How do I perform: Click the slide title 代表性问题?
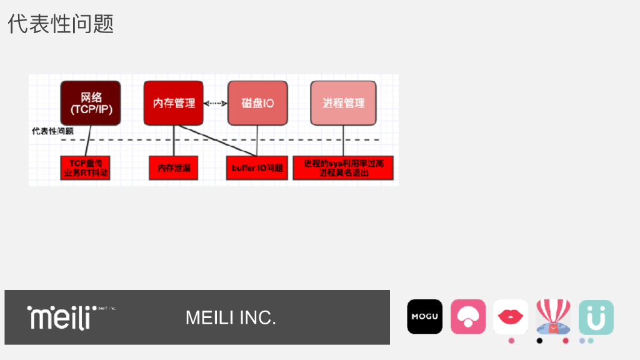pos(61,24)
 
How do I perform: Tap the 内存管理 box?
pos(174,103)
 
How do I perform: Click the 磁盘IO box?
pos(257,103)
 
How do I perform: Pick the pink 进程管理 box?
pos(343,103)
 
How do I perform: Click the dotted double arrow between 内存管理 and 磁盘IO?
pos(216,103)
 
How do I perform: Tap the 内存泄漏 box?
pos(174,168)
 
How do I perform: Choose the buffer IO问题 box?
pos(257,168)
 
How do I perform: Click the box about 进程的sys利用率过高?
pos(343,168)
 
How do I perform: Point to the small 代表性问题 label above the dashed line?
pos(52,131)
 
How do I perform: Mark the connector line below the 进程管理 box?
pos(343,141)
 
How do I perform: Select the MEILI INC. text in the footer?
pos(231,317)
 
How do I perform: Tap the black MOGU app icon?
pos(424,317)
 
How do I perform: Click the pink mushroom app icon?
pos(468,317)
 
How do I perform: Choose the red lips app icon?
pos(511,317)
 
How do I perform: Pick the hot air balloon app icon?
pos(553,317)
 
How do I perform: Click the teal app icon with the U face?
pos(596,317)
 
